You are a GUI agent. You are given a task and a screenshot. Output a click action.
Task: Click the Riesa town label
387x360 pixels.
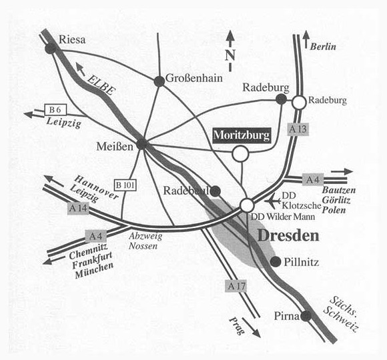point(72,39)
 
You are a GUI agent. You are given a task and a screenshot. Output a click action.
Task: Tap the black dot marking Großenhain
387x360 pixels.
point(159,81)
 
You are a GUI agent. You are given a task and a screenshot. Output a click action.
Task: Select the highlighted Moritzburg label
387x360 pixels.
point(242,135)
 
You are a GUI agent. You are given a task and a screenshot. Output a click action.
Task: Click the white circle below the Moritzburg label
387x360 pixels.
point(240,153)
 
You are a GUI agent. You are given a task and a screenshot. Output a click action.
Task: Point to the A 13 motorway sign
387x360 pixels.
point(298,129)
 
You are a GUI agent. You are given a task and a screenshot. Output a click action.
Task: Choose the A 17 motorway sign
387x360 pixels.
point(236,286)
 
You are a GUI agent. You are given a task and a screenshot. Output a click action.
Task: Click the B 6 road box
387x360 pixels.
point(55,110)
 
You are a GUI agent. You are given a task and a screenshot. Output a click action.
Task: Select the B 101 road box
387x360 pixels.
point(125,185)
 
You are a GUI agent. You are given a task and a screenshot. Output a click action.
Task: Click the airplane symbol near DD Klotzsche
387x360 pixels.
point(273,201)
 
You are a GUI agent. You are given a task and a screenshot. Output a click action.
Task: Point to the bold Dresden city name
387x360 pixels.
point(288,236)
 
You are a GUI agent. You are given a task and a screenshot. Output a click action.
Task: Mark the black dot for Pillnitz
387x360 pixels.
point(275,261)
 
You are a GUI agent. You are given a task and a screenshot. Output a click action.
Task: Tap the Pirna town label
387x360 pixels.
point(287,316)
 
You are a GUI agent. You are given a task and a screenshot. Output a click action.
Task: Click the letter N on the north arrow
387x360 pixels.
point(230,55)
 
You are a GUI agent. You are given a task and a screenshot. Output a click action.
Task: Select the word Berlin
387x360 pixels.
point(323,47)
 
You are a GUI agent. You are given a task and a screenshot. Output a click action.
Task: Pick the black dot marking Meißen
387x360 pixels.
point(142,144)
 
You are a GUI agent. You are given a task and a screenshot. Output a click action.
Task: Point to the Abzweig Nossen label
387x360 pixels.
point(145,241)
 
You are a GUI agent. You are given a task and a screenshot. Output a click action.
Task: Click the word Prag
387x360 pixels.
point(237,325)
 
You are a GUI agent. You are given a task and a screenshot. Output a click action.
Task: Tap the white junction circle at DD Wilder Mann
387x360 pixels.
point(247,205)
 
